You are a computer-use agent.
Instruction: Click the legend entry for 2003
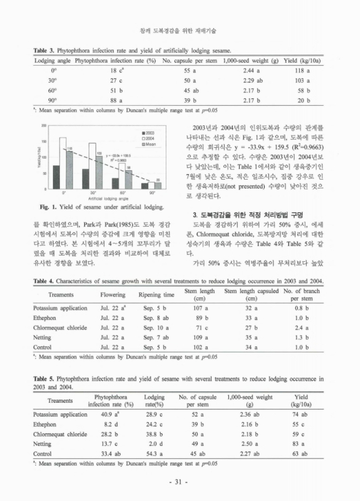coord(148,133)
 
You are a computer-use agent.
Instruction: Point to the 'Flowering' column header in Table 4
coord(113,294)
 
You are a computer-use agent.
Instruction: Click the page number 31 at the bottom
coord(180,482)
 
